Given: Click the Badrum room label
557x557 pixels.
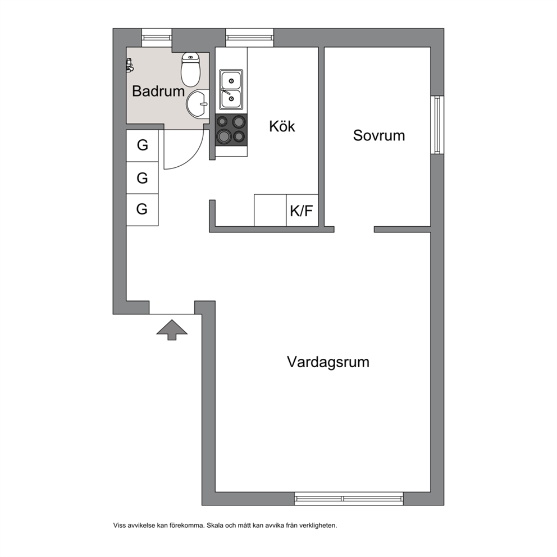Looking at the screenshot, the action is (x=158, y=92).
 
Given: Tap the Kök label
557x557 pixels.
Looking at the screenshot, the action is (x=282, y=126).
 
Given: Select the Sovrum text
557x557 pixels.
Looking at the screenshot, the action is (x=379, y=135).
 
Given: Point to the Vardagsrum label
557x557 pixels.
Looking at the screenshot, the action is (x=328, y=362).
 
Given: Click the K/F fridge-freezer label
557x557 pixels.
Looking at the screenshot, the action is (x=302, y=211).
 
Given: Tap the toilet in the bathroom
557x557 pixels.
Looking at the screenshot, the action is (x=191, y=69).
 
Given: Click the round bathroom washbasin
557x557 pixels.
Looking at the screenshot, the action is (x=197, y=104).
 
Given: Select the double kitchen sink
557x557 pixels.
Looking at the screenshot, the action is (x=231, y=89).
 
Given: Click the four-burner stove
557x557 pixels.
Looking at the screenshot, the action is (x=231, y=130).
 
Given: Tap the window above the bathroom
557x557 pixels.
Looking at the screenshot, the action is (x=157, y=38).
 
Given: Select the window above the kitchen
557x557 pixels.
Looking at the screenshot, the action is (x=250, y=38).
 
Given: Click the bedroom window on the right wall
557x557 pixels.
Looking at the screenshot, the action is (x=437, y=125).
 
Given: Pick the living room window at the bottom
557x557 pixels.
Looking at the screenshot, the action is (x=349, y=499).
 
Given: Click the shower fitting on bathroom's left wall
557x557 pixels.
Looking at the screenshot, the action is (x=130, y=65).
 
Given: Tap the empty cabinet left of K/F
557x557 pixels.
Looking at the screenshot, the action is (x=270, y=211).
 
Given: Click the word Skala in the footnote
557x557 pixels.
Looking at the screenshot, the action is (x=215, y=526).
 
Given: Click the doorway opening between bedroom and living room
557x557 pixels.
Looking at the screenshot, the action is (x=354, y=230).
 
